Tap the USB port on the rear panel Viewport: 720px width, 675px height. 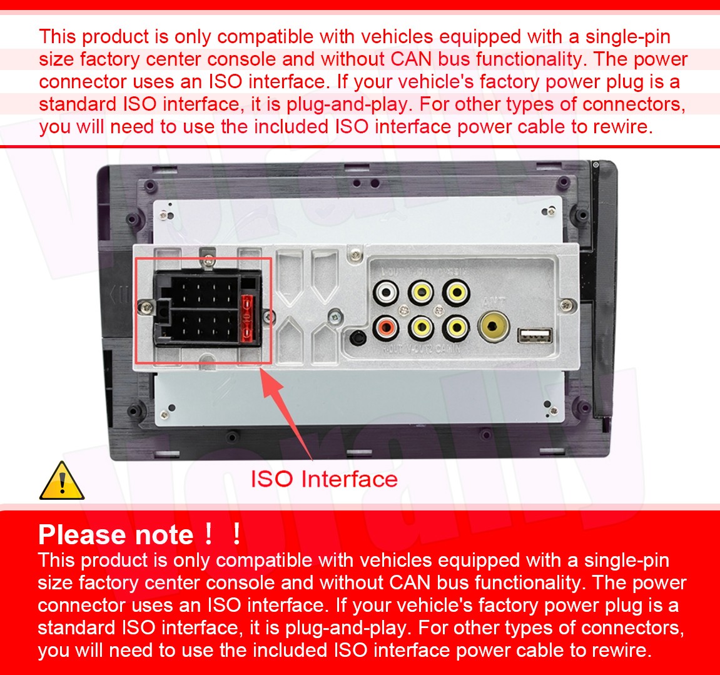(535, 336)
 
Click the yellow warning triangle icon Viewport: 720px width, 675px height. (62, 481)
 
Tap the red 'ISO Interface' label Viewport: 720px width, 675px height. (324, 479)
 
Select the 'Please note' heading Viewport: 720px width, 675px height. (116, 535)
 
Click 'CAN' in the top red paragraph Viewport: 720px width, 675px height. (411, 59)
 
